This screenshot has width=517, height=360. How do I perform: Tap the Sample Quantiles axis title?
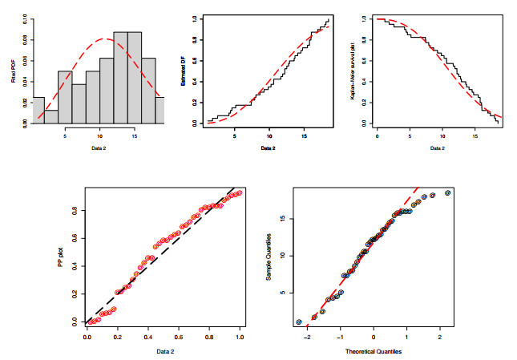269,257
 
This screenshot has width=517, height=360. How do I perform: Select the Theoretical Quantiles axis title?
373,351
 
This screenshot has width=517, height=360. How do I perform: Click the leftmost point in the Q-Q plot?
298,322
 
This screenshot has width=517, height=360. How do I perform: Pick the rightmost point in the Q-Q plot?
447,192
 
